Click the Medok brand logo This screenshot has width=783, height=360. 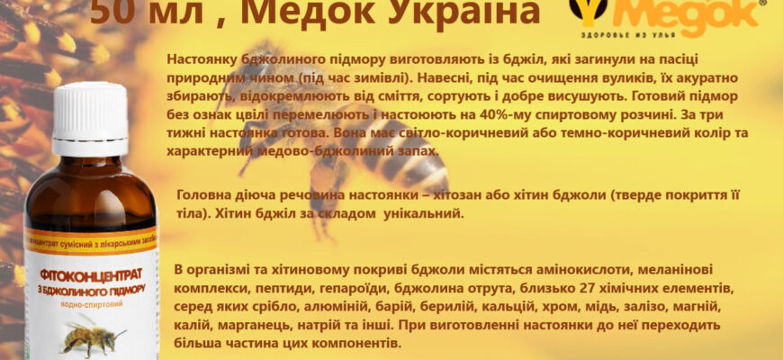tap(667, 15)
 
